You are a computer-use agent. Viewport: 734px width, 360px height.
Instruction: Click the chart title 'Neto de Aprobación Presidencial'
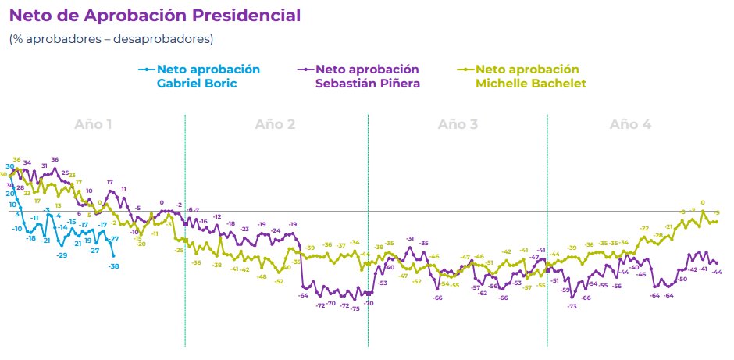(154, 16)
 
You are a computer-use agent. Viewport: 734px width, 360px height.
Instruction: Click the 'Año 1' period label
(93, 124)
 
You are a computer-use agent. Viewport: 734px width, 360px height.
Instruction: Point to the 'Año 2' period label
(275, 124)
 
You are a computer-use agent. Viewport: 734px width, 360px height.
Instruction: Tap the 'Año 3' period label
(458, 124)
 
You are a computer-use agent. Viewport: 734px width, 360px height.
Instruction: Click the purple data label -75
(355, 309)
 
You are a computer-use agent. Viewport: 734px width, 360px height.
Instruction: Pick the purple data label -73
(572, 307)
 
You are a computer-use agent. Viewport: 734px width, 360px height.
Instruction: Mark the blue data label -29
(62, 255)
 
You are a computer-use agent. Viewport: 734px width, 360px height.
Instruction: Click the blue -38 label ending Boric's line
(114, 266)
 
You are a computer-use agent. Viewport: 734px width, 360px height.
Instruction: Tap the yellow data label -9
(717, 213)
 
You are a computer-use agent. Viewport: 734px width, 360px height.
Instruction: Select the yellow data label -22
(644, 228)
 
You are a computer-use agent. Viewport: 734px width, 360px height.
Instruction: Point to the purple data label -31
(410, 238)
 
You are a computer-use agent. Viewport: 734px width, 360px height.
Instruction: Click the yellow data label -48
(262, 277)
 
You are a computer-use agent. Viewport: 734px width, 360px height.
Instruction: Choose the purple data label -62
(483, 293)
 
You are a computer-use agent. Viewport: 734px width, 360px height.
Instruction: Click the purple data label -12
(217, 216)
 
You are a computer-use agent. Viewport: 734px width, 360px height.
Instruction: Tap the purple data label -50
(682, 279)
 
